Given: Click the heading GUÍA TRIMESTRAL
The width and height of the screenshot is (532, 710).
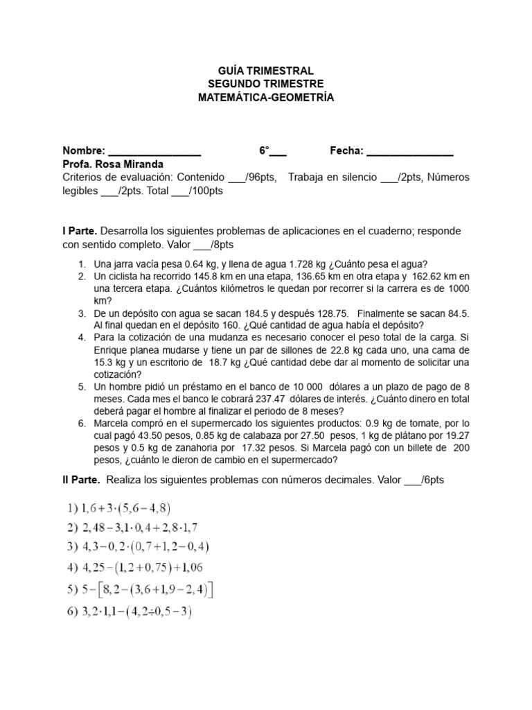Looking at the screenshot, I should click(x=266, y=71).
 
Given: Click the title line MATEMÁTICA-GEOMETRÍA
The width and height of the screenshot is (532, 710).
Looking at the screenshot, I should click(x=266, y=98).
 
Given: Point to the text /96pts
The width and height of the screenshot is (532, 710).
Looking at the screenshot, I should click(x=260, y=177).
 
